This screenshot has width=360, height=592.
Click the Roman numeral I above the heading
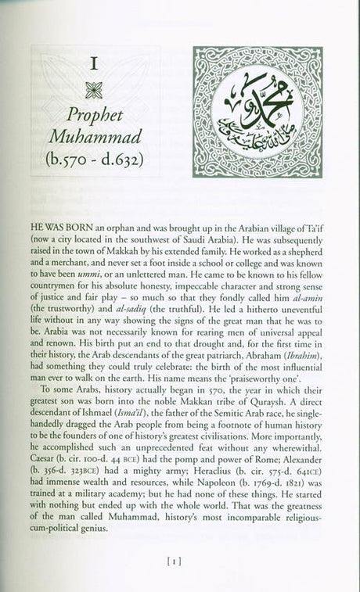95,65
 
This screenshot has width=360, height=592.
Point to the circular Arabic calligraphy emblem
257,112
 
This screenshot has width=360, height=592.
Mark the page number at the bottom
179,560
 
